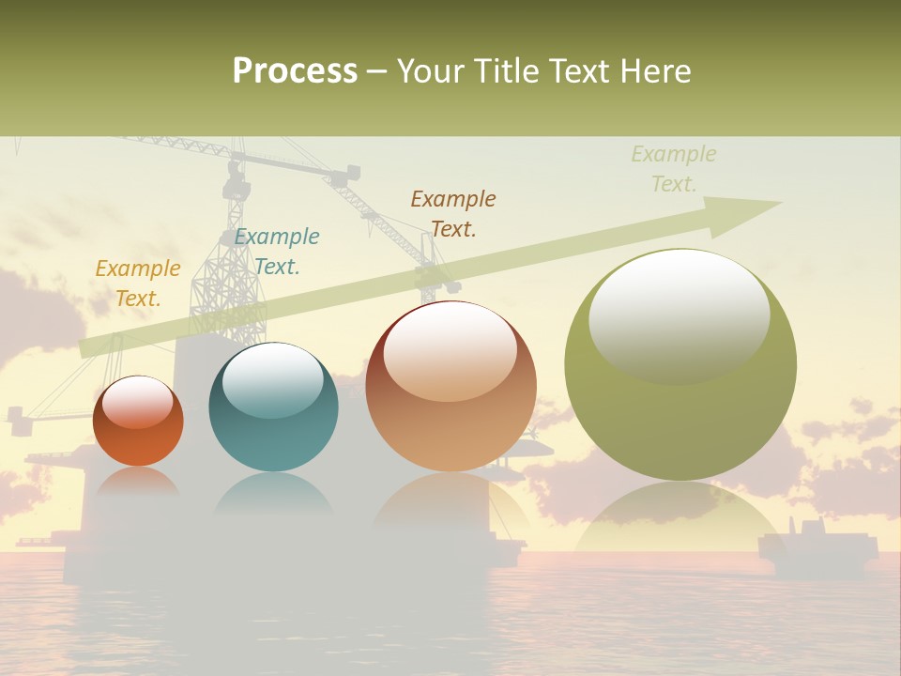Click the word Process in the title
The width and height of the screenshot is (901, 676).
coord(295,71)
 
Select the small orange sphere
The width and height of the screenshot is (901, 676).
coord(138,422)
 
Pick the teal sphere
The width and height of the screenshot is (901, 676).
coord(273,407)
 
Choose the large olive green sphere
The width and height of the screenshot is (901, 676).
coord(680,365)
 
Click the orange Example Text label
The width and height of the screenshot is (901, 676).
coord(138,284)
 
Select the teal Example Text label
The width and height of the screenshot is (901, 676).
coord(277,252)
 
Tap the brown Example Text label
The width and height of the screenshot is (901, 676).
coord(453,214)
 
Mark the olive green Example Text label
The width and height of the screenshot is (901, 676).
coord(674,169)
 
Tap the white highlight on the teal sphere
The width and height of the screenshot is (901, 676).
coord(272,381)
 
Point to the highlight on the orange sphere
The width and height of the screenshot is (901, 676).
coord(137,402)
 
